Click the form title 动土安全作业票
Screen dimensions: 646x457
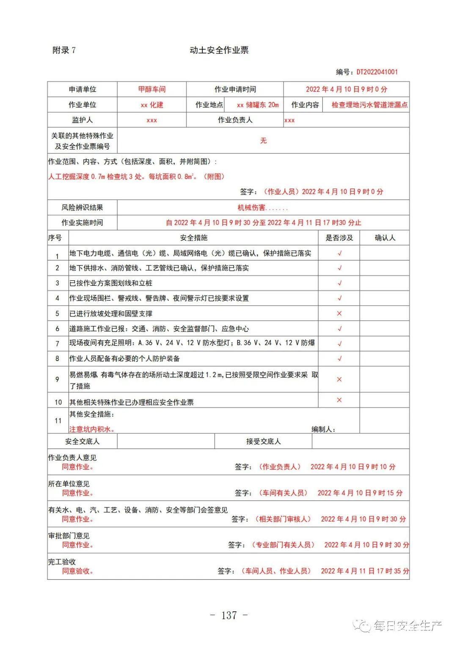point(219,50)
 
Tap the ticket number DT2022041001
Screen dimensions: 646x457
point(377,72)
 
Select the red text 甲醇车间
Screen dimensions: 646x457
point(152,89)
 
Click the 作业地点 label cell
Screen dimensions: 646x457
point(209,105)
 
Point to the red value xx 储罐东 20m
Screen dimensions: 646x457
point(258,105)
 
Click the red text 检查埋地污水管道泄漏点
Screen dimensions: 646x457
point(369,105)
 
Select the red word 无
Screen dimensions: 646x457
point(263,140)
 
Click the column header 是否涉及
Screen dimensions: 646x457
point(339,238)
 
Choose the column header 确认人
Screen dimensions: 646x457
point(385,238)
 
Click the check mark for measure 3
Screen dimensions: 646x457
point(339,283)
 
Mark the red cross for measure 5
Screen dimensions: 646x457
point(339,314)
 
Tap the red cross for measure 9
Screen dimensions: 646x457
point(339,379)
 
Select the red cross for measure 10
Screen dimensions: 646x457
point(339,400)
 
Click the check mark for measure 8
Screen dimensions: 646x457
point(339,359)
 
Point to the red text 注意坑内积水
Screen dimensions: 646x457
point(92,429)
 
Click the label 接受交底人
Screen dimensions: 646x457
point(263,441)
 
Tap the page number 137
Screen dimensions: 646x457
point(228,615)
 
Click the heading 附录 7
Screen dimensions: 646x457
point(64,50)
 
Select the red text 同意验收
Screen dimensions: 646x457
point(78,571)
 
